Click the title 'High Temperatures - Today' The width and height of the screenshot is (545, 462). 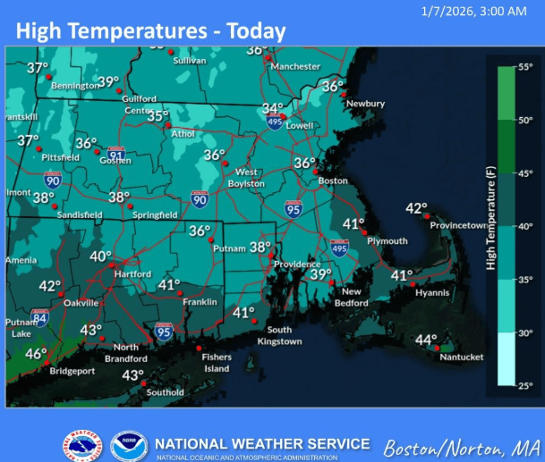[150, 32]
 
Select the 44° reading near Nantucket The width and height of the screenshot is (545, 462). [425, 340]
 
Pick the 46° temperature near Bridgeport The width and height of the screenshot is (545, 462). [35, 354]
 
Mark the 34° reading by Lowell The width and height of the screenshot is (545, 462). [272, 108]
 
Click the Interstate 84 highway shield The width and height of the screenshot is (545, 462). [40, 316]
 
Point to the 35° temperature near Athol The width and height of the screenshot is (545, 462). [158, 116]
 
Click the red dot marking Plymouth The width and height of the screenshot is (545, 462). [364, 232]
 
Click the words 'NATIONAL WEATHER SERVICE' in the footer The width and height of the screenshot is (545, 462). [261, 443]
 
